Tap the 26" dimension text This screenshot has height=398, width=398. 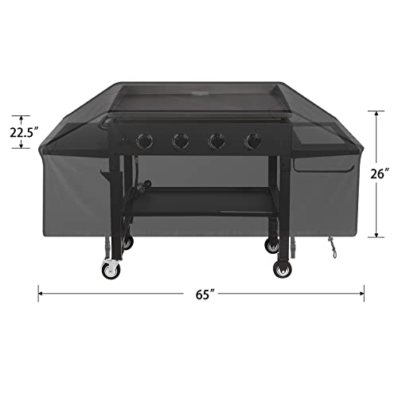380,171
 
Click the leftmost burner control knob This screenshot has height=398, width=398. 144,142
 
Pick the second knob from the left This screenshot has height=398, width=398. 180,142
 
